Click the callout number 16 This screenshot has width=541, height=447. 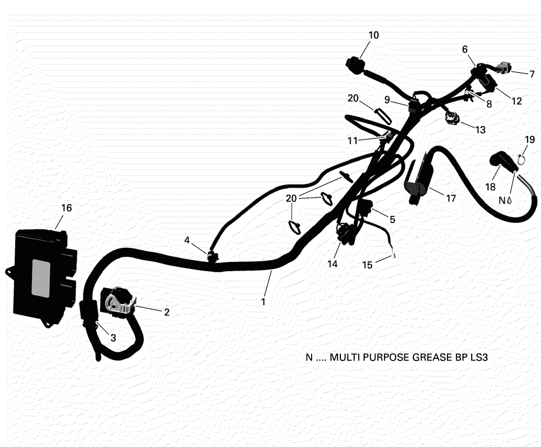coord(66,208)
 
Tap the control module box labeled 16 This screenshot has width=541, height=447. coord(42,276)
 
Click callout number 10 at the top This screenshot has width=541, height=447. coord(374,35)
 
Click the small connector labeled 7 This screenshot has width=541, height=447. coord(503,68)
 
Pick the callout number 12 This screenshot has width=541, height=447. coord(517,101)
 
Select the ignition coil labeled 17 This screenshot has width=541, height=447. coord(419,180)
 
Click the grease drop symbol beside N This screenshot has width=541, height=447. coord(509,200)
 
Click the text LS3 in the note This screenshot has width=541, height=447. coord(479,357)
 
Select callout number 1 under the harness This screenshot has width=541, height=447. coord(263,301)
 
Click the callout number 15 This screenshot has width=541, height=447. coord(368,265)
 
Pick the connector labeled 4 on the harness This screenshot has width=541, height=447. coord(212,257)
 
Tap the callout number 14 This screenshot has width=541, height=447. coord(332,264)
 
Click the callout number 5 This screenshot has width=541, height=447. coord(392,219)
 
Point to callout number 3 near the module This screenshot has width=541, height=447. coord(113,338)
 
